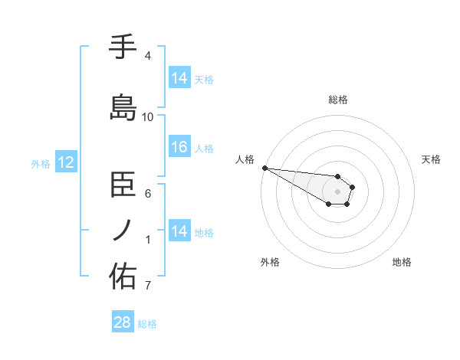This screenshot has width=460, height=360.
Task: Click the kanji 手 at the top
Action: click(123, 47)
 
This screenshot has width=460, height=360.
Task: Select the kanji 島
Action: click(123, 108)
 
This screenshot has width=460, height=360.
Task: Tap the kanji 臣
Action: click(123, 185)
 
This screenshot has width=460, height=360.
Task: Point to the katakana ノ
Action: click(123, 231)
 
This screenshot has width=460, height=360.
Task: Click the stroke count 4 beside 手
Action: click(147, 56)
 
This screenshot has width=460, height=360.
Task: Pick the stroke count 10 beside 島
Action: click(148, 117)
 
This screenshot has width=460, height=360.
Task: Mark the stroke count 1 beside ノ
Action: click(147, 240)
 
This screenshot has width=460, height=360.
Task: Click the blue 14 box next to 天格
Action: click(179, 78)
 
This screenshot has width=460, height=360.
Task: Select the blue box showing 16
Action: click(179, 147)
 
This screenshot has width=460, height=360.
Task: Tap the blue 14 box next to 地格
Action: click(179, 231)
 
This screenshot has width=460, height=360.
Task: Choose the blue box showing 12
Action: click(65, 162)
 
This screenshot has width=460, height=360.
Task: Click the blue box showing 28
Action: click(123, 322)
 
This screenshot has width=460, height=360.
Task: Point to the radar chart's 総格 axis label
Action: click(337, 100)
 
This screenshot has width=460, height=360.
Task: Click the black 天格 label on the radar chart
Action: click(431, 159)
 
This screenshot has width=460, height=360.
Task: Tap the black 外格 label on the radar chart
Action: click(270, 262)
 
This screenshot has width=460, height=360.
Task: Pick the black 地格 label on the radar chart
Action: click(402, 262)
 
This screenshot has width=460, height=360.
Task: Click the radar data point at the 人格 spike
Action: click(264, 168)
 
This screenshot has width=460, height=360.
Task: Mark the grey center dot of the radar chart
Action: click(337, 191)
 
